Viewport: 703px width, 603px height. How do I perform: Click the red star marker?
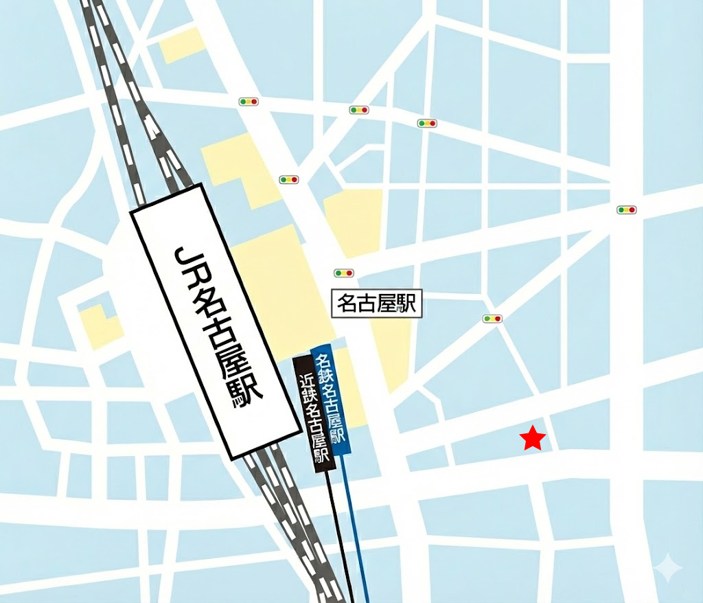click(533, 438)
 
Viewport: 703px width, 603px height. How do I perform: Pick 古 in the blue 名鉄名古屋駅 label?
click(331, 405)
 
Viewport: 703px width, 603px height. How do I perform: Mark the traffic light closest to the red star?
click(492, 319)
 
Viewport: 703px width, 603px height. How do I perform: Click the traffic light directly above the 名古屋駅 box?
click(343, 273)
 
